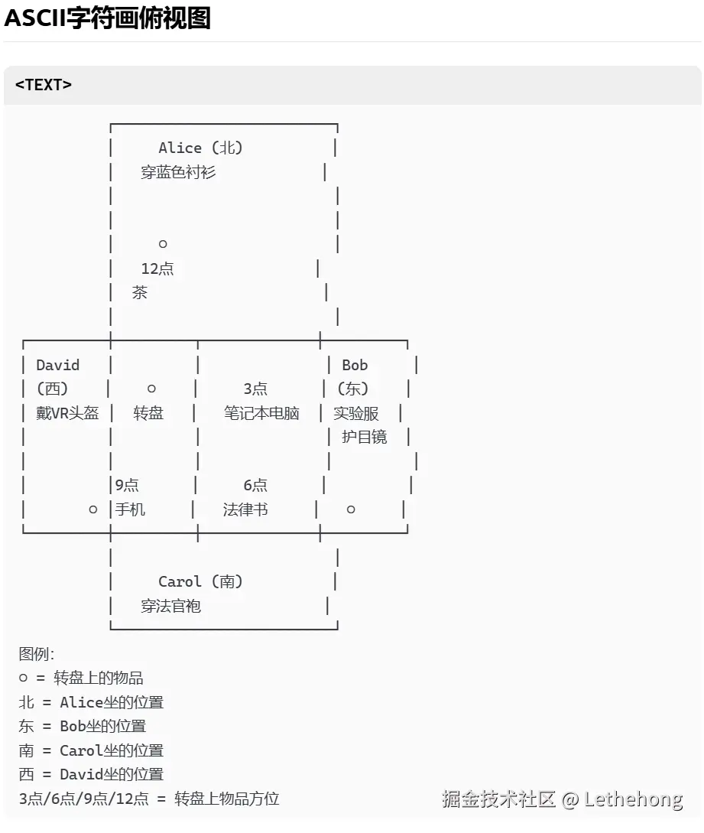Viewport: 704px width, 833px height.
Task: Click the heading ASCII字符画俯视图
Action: pos(107,18)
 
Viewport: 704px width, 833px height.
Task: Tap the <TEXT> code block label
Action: pos(43,85)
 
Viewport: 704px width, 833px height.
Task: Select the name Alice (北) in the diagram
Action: pos(200,148)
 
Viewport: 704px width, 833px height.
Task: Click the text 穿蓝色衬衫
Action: pos(178,172)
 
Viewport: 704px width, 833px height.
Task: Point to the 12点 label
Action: pos(157,268)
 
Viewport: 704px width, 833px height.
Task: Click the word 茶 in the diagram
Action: pos(140,292)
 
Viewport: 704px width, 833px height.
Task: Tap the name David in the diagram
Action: pos(57,365)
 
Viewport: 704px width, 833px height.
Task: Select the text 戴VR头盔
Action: pos(67,413)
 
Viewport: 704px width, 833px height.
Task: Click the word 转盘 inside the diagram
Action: pos(148,413)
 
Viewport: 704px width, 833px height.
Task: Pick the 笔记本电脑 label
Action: pos(261,413)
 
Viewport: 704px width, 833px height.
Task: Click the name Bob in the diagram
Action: pos(355,365)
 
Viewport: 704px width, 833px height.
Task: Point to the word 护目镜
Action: pos(365,437)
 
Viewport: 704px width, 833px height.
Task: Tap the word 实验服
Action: pos(356,413)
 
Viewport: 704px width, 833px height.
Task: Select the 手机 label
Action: pos(131,509)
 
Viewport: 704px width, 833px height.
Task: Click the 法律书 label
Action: pos(245,509)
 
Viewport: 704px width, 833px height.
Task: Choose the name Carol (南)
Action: pos(200,581)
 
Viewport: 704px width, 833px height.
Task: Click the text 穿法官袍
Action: pos(170,606)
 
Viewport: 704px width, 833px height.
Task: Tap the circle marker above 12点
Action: pos(163,244)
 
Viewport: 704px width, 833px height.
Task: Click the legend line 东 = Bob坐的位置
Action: pos(83,726)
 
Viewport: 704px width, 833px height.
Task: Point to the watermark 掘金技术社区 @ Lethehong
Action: pos(562,799)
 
